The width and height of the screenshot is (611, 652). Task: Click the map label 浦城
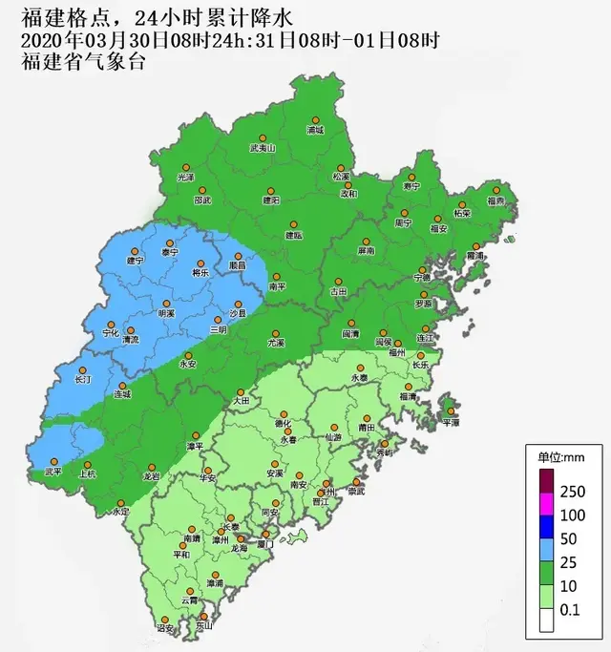point(315,130)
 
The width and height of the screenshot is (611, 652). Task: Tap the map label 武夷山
point(262,149)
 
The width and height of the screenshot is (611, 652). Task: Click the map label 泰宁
point(170,252)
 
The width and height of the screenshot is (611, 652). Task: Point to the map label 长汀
point(83,380)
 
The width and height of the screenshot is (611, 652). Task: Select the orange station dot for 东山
point(201,617)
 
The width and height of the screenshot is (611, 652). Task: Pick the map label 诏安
point(165,629)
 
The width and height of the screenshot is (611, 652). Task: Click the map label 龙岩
point(151,475)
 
